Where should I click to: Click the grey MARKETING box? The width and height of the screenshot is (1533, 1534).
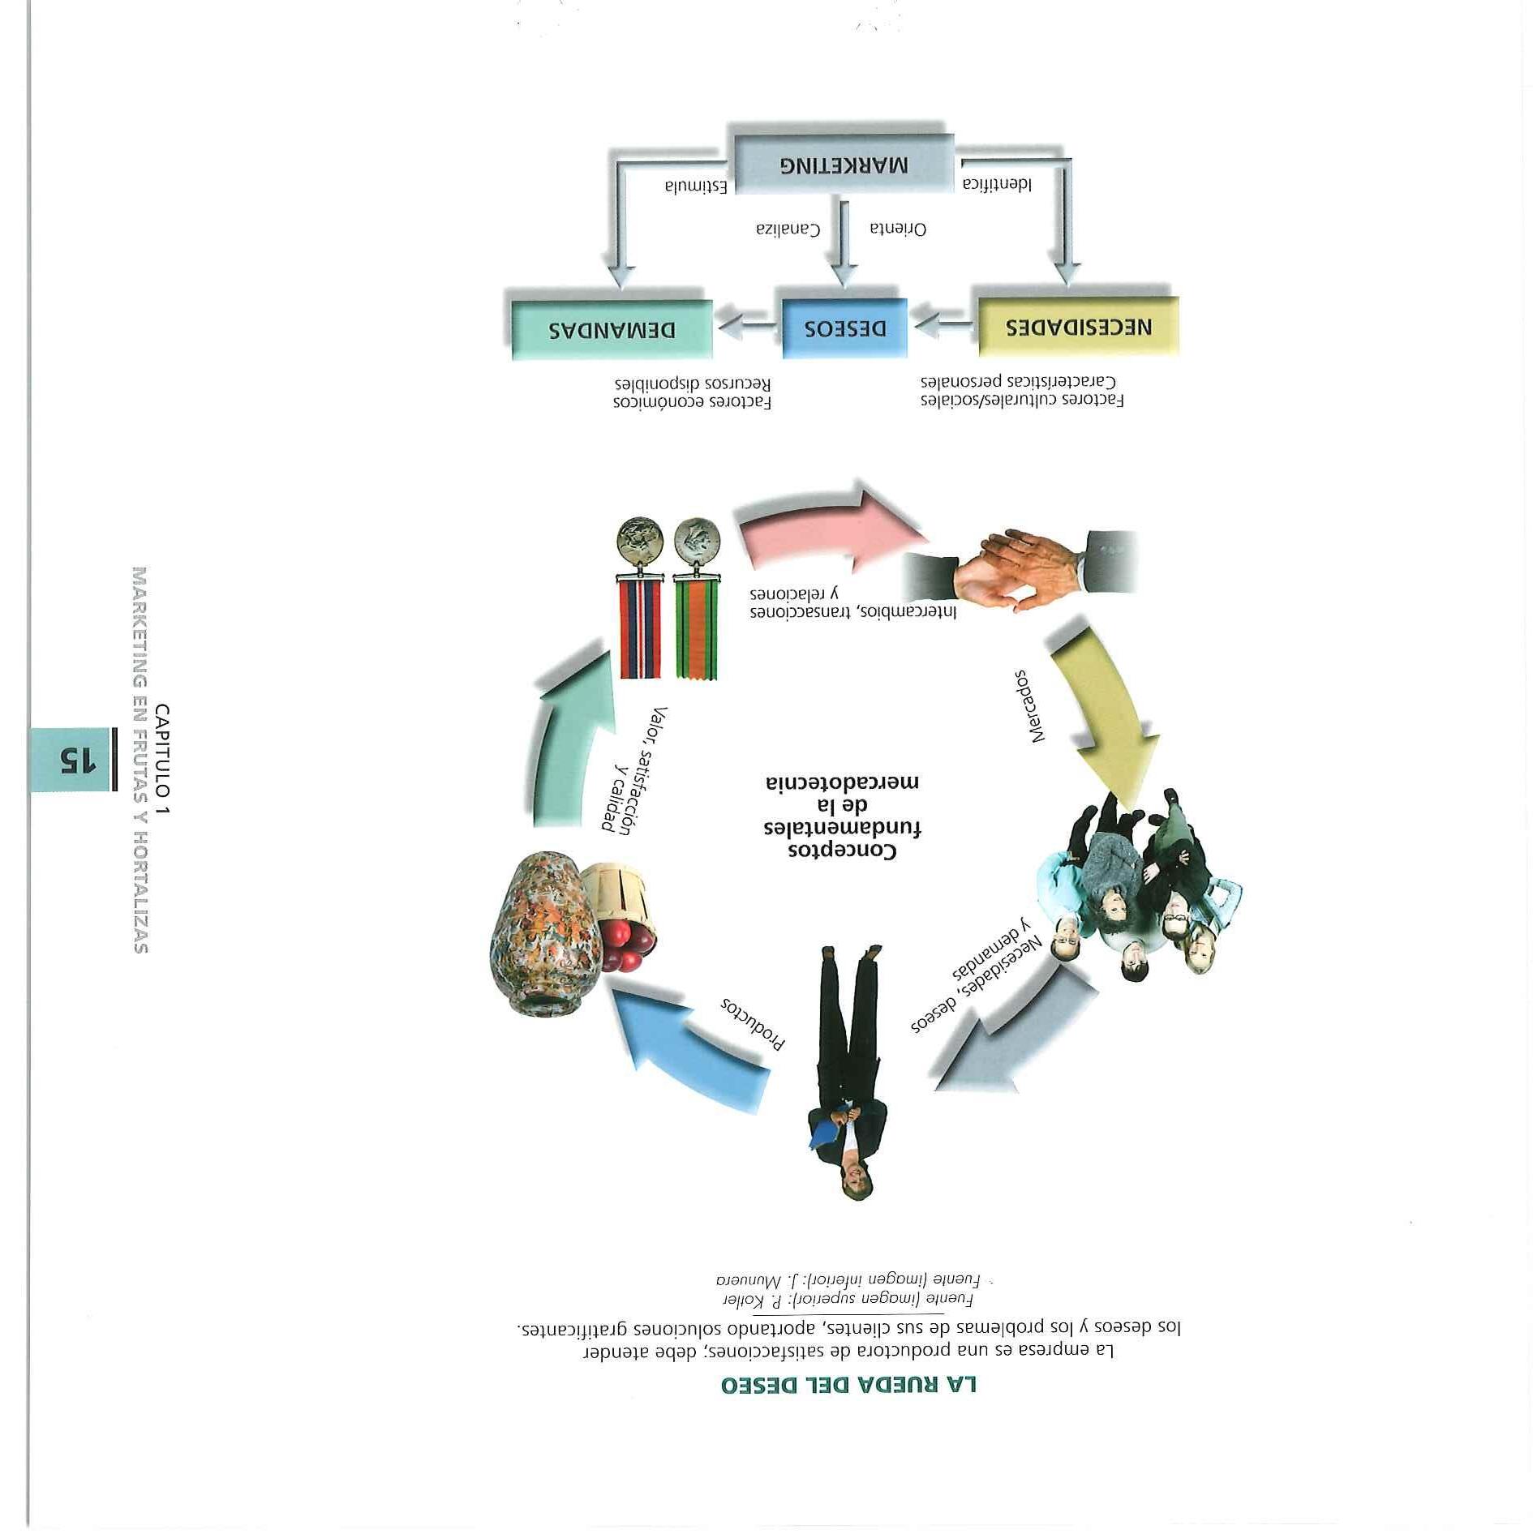click(844, 165)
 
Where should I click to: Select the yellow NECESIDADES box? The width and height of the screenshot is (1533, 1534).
click(1078, 327)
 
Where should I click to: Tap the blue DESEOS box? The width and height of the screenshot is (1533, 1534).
click(844, 328)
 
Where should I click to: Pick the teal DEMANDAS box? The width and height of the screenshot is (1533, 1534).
click(612, 330)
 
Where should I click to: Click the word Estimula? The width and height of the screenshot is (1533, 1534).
click(695, 186)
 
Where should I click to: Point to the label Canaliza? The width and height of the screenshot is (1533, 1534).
click(788, 229)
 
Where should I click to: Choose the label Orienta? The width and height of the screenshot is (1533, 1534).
click(898, 229)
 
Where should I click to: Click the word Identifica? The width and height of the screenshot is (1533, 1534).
click(997, 184)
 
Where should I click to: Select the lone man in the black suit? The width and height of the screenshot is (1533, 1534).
click(848, 1070)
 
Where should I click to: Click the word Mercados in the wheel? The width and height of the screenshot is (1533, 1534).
click(1029, 705)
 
